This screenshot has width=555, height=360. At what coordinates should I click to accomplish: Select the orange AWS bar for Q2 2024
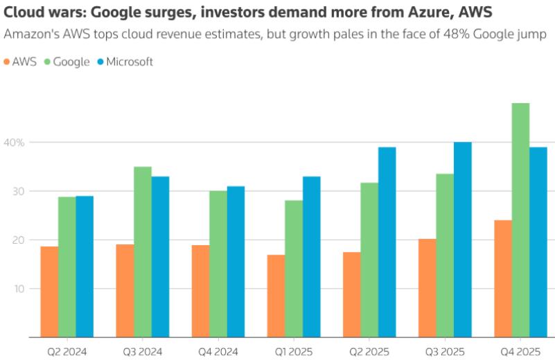point(49,291)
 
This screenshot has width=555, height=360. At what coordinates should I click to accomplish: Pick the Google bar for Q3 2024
point(143,252)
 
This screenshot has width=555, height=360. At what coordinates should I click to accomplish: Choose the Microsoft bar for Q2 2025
point(387,242)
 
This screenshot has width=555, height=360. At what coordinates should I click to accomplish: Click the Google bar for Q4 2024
point(218,264)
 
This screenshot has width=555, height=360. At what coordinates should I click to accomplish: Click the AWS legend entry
point(19,62)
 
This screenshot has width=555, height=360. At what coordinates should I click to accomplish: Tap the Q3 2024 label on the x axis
point(143,352)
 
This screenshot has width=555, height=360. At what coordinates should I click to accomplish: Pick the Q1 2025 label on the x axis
point(294,352)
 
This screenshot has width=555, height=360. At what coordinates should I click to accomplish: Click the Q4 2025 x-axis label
point(520,352)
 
